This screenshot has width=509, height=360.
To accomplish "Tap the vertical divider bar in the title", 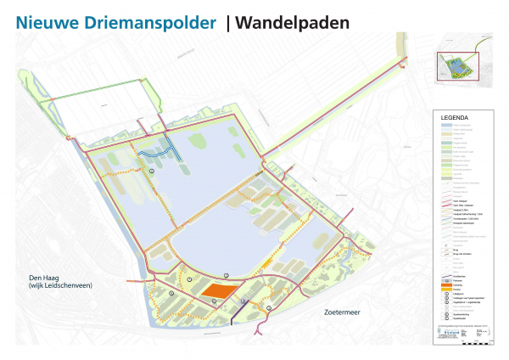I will click(228, 23).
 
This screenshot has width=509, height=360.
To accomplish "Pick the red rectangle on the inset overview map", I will click(457, 66).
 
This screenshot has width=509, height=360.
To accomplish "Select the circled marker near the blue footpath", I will click(152, 171).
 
